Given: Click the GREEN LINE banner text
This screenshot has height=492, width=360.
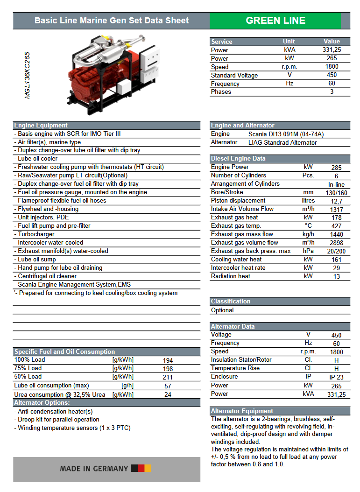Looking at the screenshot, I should point(275,21).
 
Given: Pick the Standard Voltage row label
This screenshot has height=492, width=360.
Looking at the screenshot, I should point(234,75).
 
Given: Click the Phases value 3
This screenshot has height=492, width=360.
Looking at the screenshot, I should point(332,92).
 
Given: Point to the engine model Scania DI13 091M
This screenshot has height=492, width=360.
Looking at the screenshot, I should point(286,134).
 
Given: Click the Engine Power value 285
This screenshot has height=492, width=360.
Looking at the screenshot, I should point(336,168).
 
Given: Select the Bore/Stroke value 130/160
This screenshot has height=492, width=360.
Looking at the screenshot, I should point(336,193).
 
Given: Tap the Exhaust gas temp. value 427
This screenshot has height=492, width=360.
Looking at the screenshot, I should point(336,226).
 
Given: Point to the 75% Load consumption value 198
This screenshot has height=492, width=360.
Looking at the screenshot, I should point(168,369).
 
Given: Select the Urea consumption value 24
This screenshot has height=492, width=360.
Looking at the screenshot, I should point(168,394).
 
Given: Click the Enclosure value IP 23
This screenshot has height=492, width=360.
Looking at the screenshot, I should point(336,377).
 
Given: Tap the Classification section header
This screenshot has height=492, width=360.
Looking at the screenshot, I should point(231,302).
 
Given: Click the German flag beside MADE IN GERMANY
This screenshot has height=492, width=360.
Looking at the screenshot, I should point(141,468).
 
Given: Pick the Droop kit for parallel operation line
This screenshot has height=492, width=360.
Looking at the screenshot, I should point(58,420).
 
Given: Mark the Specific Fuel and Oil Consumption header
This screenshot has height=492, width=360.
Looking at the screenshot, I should point(64,352).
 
